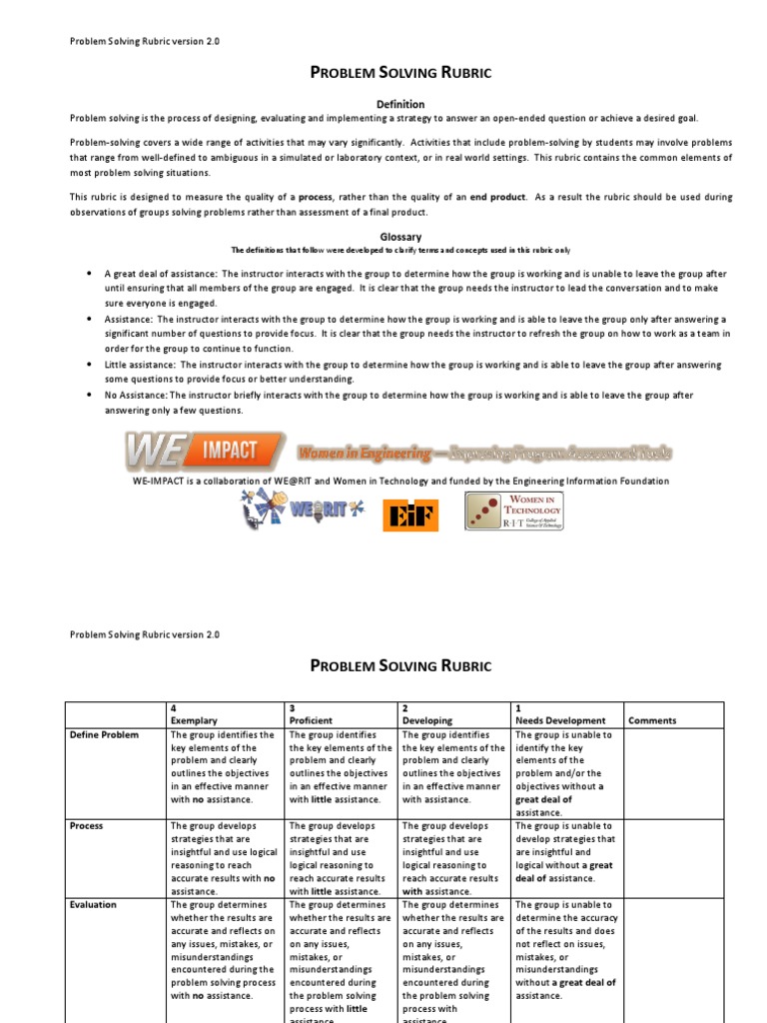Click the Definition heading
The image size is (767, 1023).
[399, 104]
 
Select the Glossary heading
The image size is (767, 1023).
[399, 237]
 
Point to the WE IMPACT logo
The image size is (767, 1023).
[205, 452]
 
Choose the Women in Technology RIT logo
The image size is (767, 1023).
[513, 511]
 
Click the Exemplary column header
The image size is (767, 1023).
[194, 720]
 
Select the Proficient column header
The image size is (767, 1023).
[311, 720]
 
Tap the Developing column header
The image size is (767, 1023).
[426, 720]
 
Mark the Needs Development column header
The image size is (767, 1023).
[560, 720]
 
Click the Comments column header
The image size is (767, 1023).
[652, 720]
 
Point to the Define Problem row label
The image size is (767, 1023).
[104, 734]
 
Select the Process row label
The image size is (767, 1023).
[86, 826]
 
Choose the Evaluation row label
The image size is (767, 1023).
[93, 904]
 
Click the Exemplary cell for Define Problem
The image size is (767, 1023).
[224, 767]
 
